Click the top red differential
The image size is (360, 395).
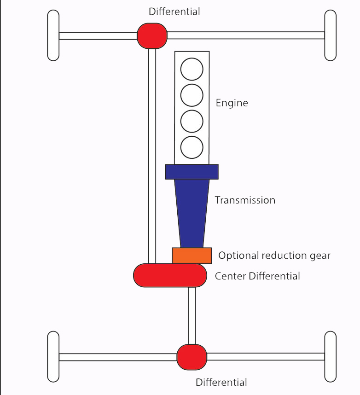[152, 35]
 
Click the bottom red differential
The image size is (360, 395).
[192, 357]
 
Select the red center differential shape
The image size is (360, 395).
[169, 275]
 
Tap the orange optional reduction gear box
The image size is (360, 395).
[192, 256]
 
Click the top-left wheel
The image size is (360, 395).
[53, 35]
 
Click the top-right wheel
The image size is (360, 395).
[331, 35]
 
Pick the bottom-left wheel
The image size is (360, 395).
[53, 357]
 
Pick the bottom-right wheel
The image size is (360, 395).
[331, 357]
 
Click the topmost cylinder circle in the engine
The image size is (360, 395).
[192, 69]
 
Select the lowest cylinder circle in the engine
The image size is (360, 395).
[192, 147]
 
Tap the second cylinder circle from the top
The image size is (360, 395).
[192, 95]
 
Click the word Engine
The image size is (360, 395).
[232, 103]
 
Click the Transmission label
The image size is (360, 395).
[245, 200]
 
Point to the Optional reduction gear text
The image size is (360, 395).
[274, 256]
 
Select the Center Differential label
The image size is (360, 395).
[257, 276]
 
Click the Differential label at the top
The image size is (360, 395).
[174, 12]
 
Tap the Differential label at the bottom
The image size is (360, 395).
[221, 383]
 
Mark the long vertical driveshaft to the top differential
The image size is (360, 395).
[152, 152]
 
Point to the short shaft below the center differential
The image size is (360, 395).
[192, 315]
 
